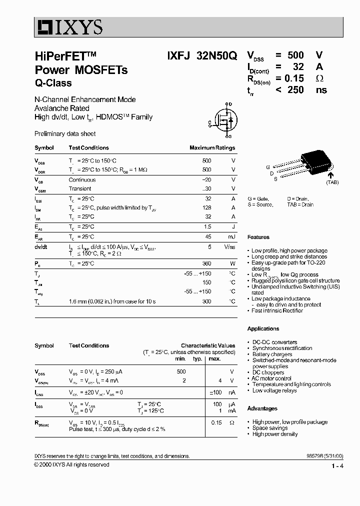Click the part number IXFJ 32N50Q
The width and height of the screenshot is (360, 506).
[202, 57]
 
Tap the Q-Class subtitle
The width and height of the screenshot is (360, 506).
[53, 83]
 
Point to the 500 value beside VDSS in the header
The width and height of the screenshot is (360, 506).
[295, 55]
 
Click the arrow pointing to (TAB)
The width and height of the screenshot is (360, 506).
[330, 173]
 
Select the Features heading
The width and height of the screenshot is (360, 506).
[258, 237]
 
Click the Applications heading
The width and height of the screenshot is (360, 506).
[263, 328]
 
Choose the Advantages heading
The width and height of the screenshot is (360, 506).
[262, 408]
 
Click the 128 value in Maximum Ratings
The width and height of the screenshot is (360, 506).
[206, 207]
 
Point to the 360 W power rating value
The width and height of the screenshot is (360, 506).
[206, 263]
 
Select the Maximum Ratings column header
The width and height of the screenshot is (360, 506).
[212, 148]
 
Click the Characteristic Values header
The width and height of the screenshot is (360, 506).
[207, 345]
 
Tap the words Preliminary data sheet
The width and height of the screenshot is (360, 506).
[65, 134]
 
